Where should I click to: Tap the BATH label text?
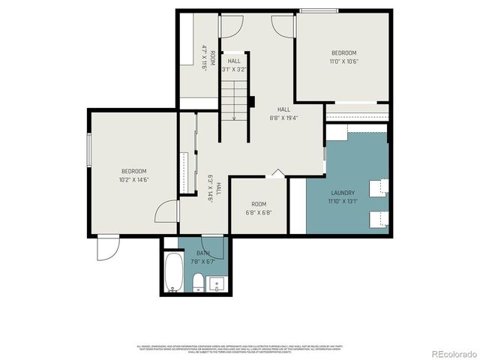point(203,253)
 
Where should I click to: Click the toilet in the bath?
point(198,282)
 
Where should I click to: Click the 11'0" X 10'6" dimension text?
point(343,62)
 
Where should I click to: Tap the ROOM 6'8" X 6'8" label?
point(259,208)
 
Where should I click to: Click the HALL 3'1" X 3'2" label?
point(234,64)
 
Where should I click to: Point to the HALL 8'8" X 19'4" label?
point(283,113)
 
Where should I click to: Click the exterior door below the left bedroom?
point(107,248)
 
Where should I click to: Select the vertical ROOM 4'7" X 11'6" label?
point(208,58)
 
